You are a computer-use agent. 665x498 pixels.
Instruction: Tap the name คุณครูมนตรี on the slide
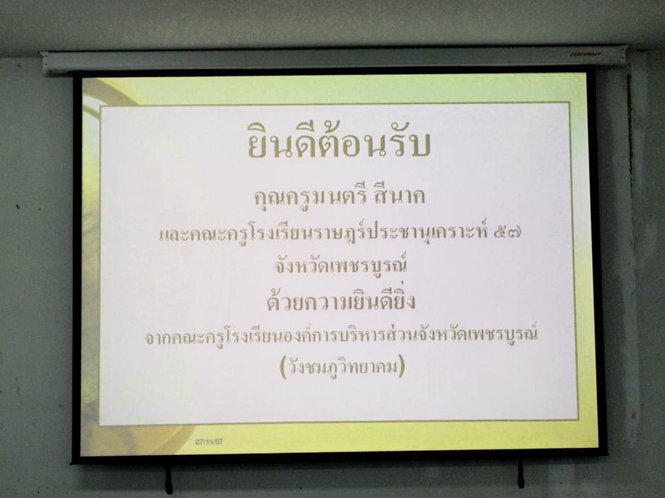[x=303, y=196]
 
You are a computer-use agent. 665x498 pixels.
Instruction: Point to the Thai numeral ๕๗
[x=508, y=232]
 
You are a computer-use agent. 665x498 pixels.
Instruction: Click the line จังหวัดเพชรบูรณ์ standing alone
[x=340, y=265]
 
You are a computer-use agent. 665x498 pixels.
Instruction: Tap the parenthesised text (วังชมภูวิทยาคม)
[x=342, y=367]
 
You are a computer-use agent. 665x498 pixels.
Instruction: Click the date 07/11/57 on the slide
[x=209, y=441]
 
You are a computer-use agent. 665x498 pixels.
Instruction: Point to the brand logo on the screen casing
[x=585, y=54]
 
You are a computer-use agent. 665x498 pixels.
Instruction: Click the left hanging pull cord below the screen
[x=169, y=478]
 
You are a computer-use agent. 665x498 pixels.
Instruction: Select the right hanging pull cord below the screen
[x=521, y=473]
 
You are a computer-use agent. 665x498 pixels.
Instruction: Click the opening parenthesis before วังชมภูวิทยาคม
[x=283, y=367]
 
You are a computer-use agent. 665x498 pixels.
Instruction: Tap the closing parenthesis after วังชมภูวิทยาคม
[x=402, y=367]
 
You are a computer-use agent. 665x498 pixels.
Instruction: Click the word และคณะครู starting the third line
[x=197, y=234]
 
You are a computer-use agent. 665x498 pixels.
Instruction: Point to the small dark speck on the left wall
[x=18, y=207]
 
